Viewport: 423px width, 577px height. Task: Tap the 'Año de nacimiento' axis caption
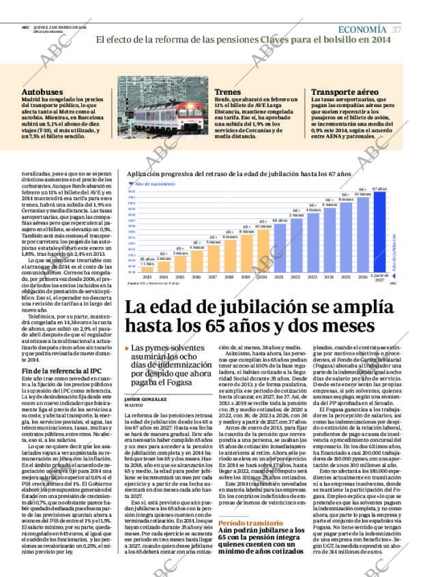click(151, 184)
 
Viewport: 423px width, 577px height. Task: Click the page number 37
click(396, 29)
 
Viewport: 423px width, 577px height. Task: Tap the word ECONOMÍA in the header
click(363, 29)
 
